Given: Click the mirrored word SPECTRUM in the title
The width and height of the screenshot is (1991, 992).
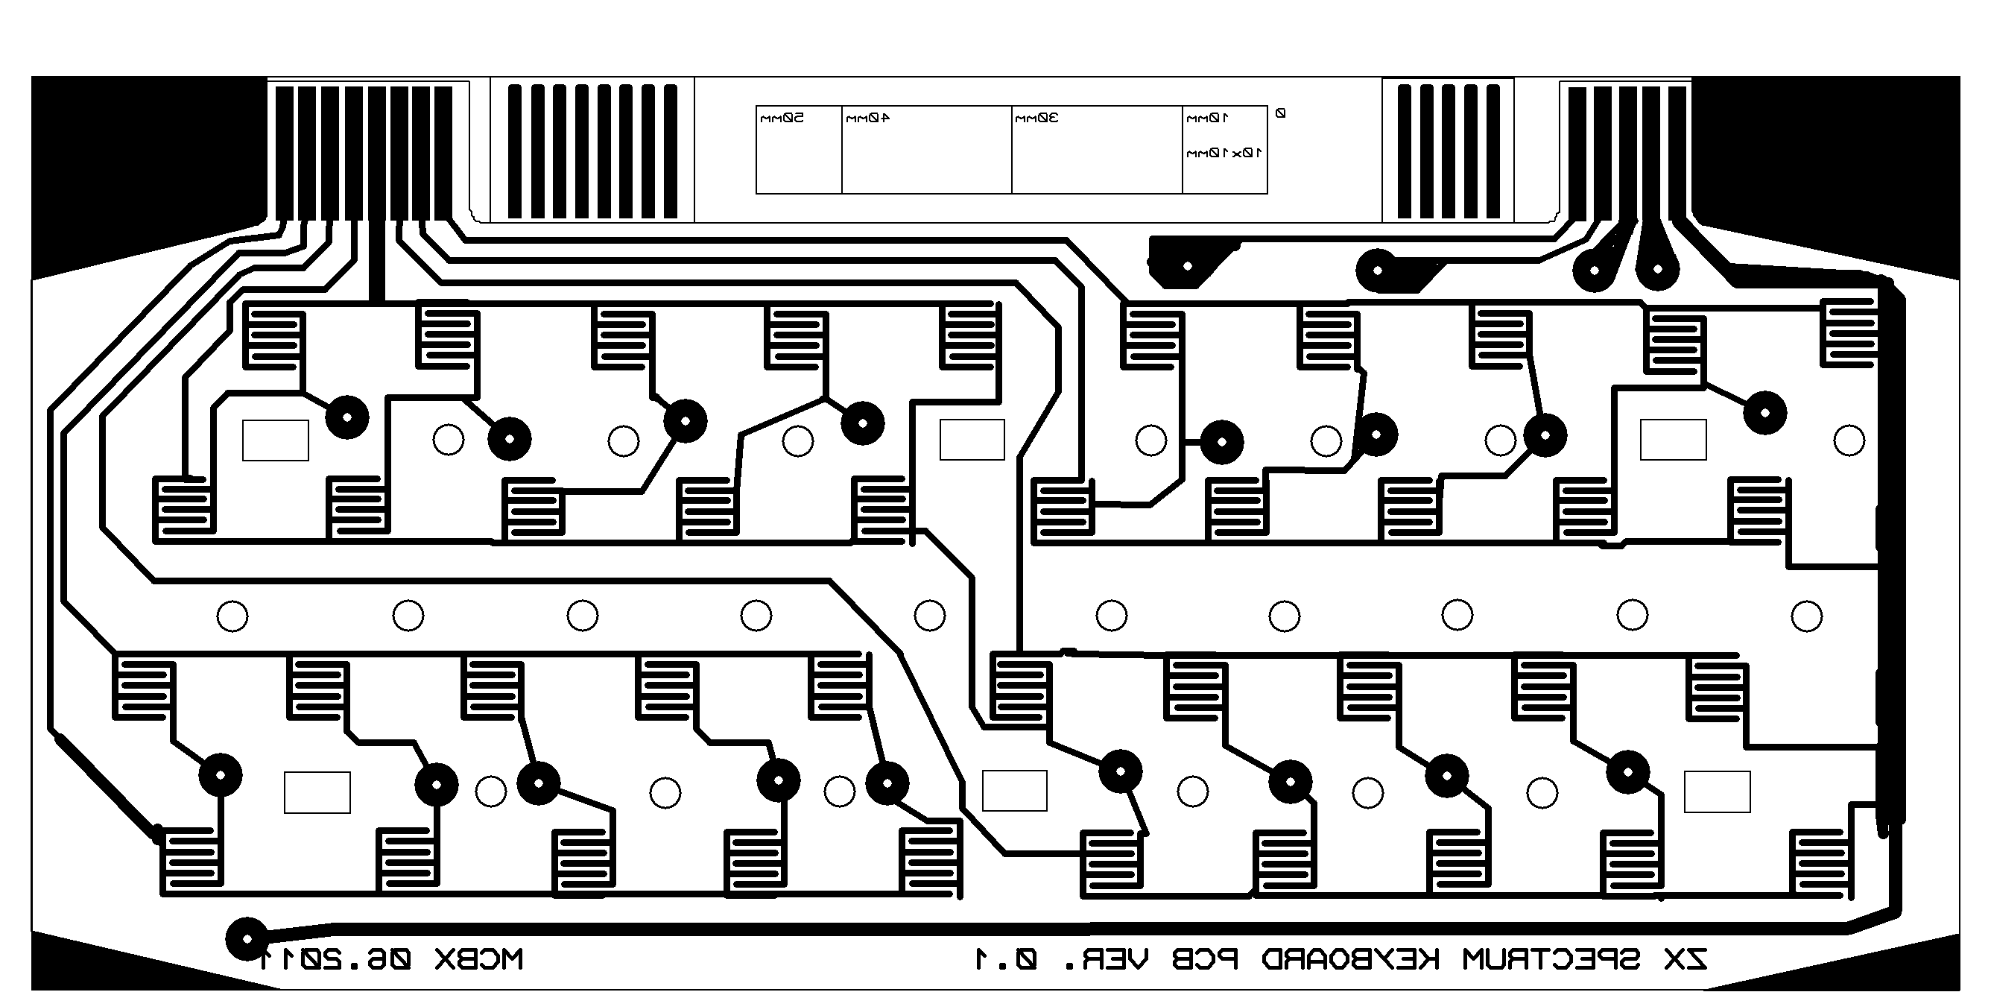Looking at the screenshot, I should point(1551,959).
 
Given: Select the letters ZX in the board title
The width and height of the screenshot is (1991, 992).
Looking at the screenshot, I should point(1685,959).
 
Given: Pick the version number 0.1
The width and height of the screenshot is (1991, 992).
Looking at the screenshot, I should point(1005,959).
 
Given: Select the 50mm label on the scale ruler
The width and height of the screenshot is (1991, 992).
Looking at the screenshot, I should point(782,118).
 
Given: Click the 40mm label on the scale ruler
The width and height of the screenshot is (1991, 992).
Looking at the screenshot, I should point(867,118).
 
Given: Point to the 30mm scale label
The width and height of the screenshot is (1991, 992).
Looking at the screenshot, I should point(1036,118).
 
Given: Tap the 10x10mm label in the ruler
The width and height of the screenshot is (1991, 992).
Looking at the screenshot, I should point(1224,153).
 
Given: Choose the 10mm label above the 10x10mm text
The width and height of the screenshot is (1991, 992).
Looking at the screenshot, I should point(1207,118).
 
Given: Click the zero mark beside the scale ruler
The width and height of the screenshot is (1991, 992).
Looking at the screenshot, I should point(1280,113).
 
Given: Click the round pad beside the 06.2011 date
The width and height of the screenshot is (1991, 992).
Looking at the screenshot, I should point(247,938).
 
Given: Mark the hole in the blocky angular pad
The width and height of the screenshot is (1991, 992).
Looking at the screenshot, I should point(1187,266).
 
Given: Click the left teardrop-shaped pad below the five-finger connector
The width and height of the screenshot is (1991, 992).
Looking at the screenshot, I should point(1595,270).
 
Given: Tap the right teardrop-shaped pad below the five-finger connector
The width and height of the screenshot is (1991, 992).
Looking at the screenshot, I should point(1657,269).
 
